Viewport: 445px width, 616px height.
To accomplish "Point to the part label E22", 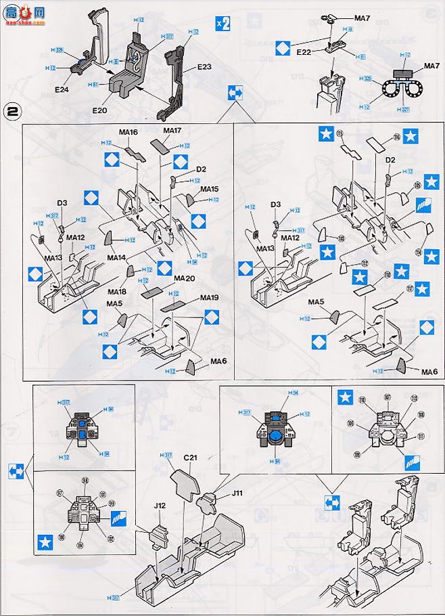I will pyautogui.click(x=304, y=51).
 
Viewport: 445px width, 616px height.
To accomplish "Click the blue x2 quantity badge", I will pyautogui.click(x=222, y=22).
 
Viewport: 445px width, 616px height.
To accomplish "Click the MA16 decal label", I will pyautogui.click(x=128, y=132).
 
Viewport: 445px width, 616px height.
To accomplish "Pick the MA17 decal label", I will pyautogui.click(x=172, y=130).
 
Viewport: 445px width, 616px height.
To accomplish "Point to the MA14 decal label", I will pyautogui.click(x=117, y=257).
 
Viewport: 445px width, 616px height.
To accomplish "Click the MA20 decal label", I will pyautogui.click(x=184, y=278).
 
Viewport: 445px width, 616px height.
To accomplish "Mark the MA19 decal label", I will pyautogui.click(x=210, y=298).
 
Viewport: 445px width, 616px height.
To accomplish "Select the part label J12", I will pyautogui.click(x=160, y=504).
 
